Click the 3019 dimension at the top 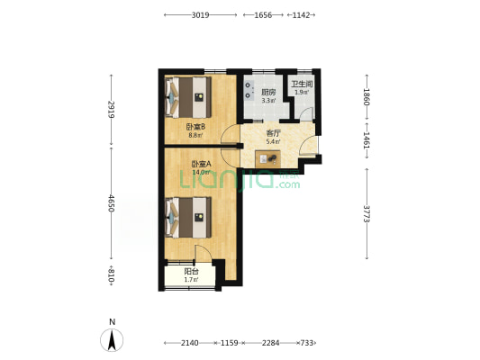(200, 15)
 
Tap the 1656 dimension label (263, 15)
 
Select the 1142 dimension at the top (301, 15)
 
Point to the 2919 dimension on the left (111, 110)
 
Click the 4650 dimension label (111, 203)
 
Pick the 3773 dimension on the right (367, 214)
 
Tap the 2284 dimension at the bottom (270, 343)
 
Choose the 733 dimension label (307, 343)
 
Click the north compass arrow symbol (112, 340)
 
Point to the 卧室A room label (201, 164)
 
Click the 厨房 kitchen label (268, 92)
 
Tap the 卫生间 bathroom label (302, 84)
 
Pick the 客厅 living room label (274, 133)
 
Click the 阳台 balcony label (191, 271)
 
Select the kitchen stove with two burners (249, 90)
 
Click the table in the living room (267, 158)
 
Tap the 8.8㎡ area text (195, 135)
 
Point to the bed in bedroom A (188, 217)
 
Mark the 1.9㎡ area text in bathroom (302, 92)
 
